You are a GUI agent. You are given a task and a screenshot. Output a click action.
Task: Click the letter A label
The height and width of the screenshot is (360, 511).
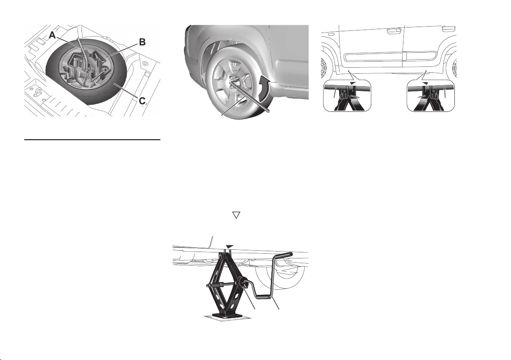click(x=52, y=35)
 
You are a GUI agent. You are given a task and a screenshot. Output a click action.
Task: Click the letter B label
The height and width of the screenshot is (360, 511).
click(x=142, y=42)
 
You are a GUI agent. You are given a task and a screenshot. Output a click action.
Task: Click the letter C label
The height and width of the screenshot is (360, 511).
click(x=142, y=101)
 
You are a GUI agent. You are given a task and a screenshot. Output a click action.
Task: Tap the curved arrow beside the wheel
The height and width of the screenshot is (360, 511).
click(x=264, y=87)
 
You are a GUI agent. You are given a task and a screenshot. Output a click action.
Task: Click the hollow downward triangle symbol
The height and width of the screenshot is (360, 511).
click(x=236, y=215)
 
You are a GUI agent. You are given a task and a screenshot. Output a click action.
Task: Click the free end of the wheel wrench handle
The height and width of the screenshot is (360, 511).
click(x=268, y=112)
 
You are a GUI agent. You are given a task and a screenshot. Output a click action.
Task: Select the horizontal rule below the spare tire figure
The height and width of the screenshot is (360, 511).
click(x=93, y=140)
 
